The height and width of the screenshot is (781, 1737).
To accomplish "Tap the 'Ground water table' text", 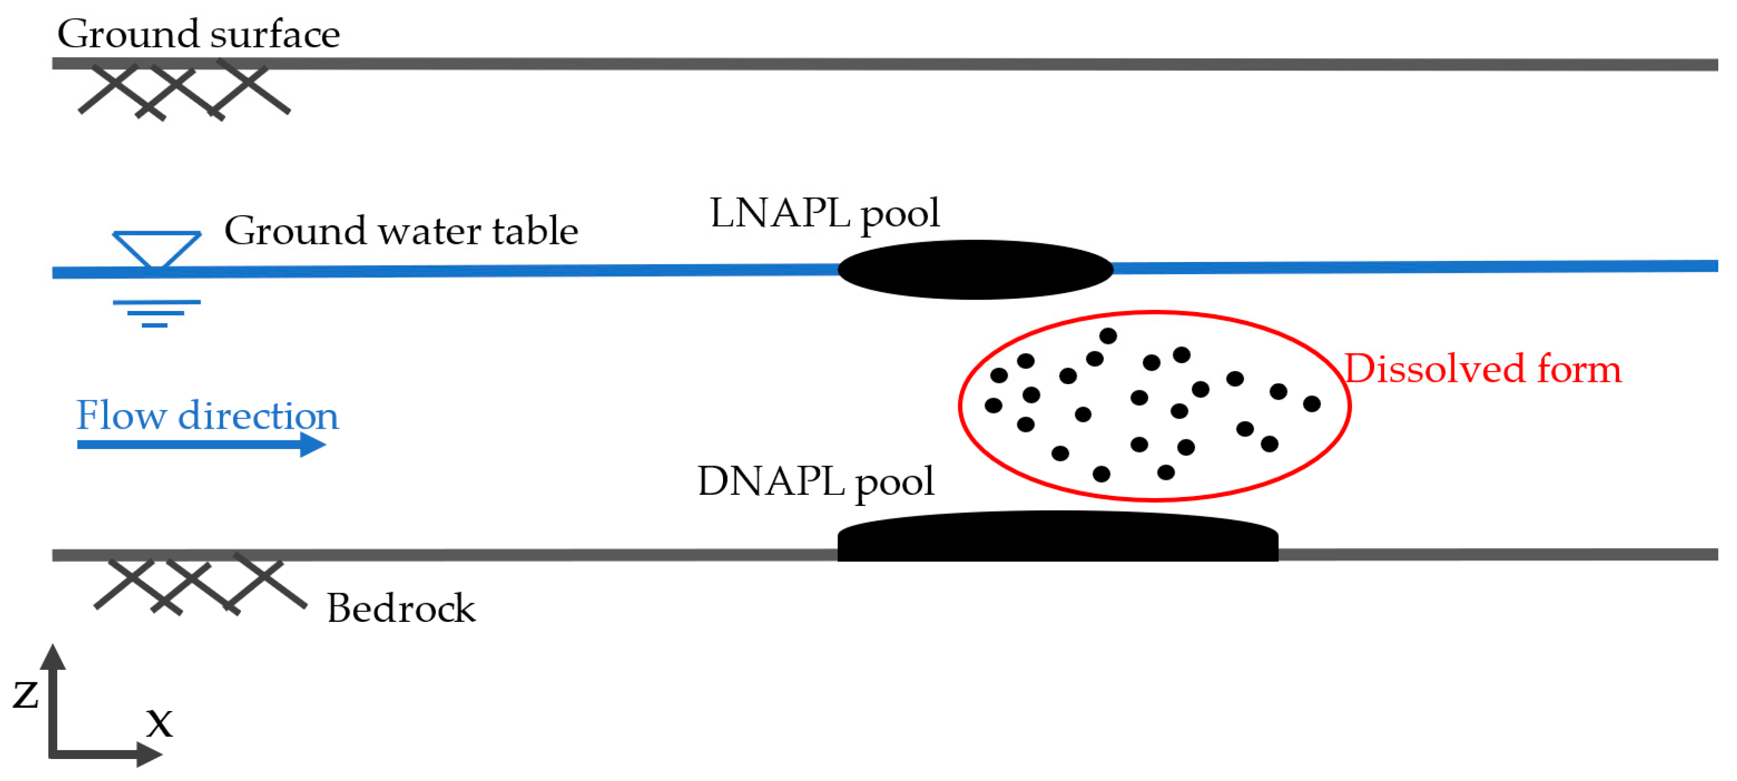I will tap(401, 231).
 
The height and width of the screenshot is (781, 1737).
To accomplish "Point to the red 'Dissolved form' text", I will tap(1483, 370).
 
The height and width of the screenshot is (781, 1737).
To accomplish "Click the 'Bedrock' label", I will tap(401, 608).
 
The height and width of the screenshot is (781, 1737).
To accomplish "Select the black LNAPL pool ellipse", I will tap(975, 270).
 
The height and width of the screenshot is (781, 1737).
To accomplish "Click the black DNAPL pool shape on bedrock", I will tap(1057, 538).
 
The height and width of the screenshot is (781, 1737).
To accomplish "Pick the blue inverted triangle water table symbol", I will tap(156, 248).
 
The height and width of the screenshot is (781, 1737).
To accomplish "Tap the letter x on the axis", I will tap(160, 723).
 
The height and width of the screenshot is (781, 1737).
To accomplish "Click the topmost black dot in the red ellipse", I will tap(1108, 335).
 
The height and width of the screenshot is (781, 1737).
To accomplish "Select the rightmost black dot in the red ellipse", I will tap(1312, 404).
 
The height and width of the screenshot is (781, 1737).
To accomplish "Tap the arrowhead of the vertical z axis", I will tap(53, 657).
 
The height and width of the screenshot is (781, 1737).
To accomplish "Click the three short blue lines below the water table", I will tap(156, 314).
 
